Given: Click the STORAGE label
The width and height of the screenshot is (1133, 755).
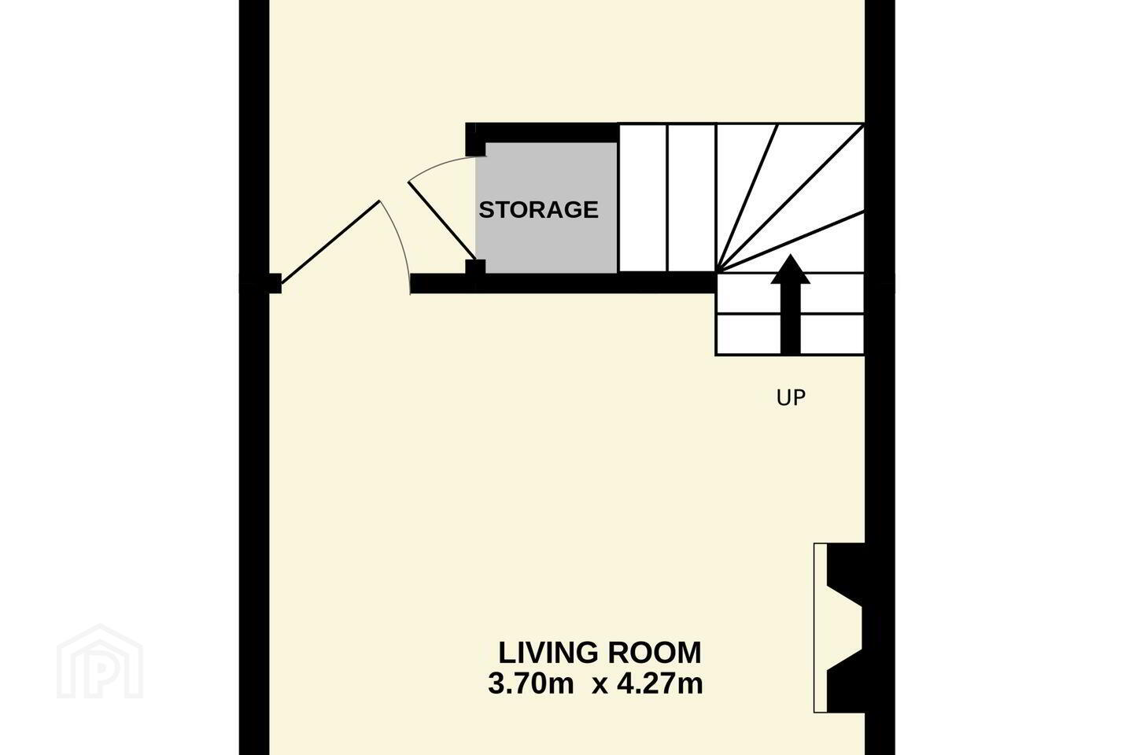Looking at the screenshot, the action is click(x=539, y=210).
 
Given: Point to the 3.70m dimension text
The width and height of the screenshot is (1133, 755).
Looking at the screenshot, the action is click(x=530, y=683).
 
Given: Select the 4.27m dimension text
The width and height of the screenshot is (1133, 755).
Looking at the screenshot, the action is click(x=660, y=683).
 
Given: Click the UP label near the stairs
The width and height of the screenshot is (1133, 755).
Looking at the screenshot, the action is click(x=791, y=398).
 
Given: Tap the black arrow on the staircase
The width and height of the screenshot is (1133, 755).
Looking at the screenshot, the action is click(x=791, y=304).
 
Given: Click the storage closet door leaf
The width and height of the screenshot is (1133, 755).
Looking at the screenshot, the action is click(x=441, y=220).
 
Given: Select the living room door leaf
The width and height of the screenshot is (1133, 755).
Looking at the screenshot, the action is click(x=330, y=242).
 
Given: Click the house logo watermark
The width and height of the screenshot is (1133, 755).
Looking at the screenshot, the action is click(x=100, y=662).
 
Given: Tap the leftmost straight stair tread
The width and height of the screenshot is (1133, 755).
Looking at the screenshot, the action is click(x=643, y=198).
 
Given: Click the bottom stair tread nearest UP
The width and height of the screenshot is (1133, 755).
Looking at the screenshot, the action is click(x=790, y=334).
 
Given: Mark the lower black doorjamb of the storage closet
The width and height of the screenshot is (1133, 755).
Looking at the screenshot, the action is click(x=475, y=267).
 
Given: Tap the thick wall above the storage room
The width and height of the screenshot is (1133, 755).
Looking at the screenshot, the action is click(x=542, y=132).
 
